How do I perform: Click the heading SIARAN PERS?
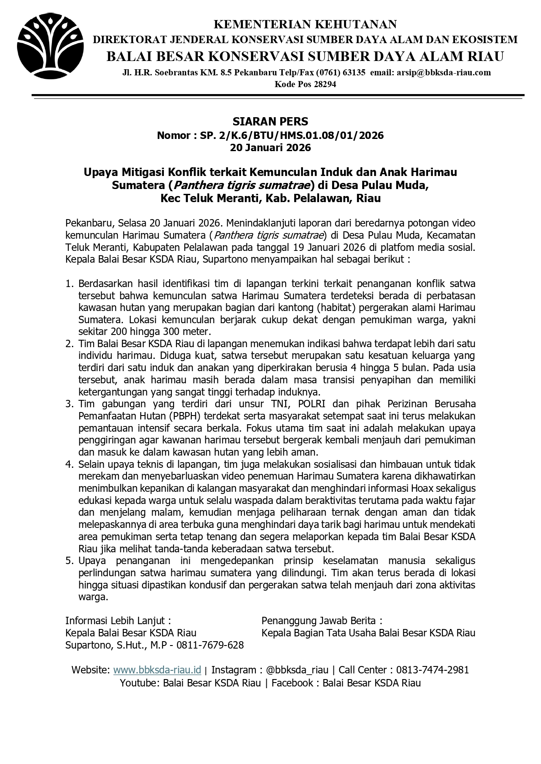click(270, 121)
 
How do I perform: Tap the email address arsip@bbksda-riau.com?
click(444, 72)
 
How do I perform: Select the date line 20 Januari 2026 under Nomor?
click(270, 148)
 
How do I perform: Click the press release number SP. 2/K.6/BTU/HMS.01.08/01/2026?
click(292, 135)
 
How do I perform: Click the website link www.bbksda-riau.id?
click(157, 670)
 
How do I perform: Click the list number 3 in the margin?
click(69, 404)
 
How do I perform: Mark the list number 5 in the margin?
click(69, 561)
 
